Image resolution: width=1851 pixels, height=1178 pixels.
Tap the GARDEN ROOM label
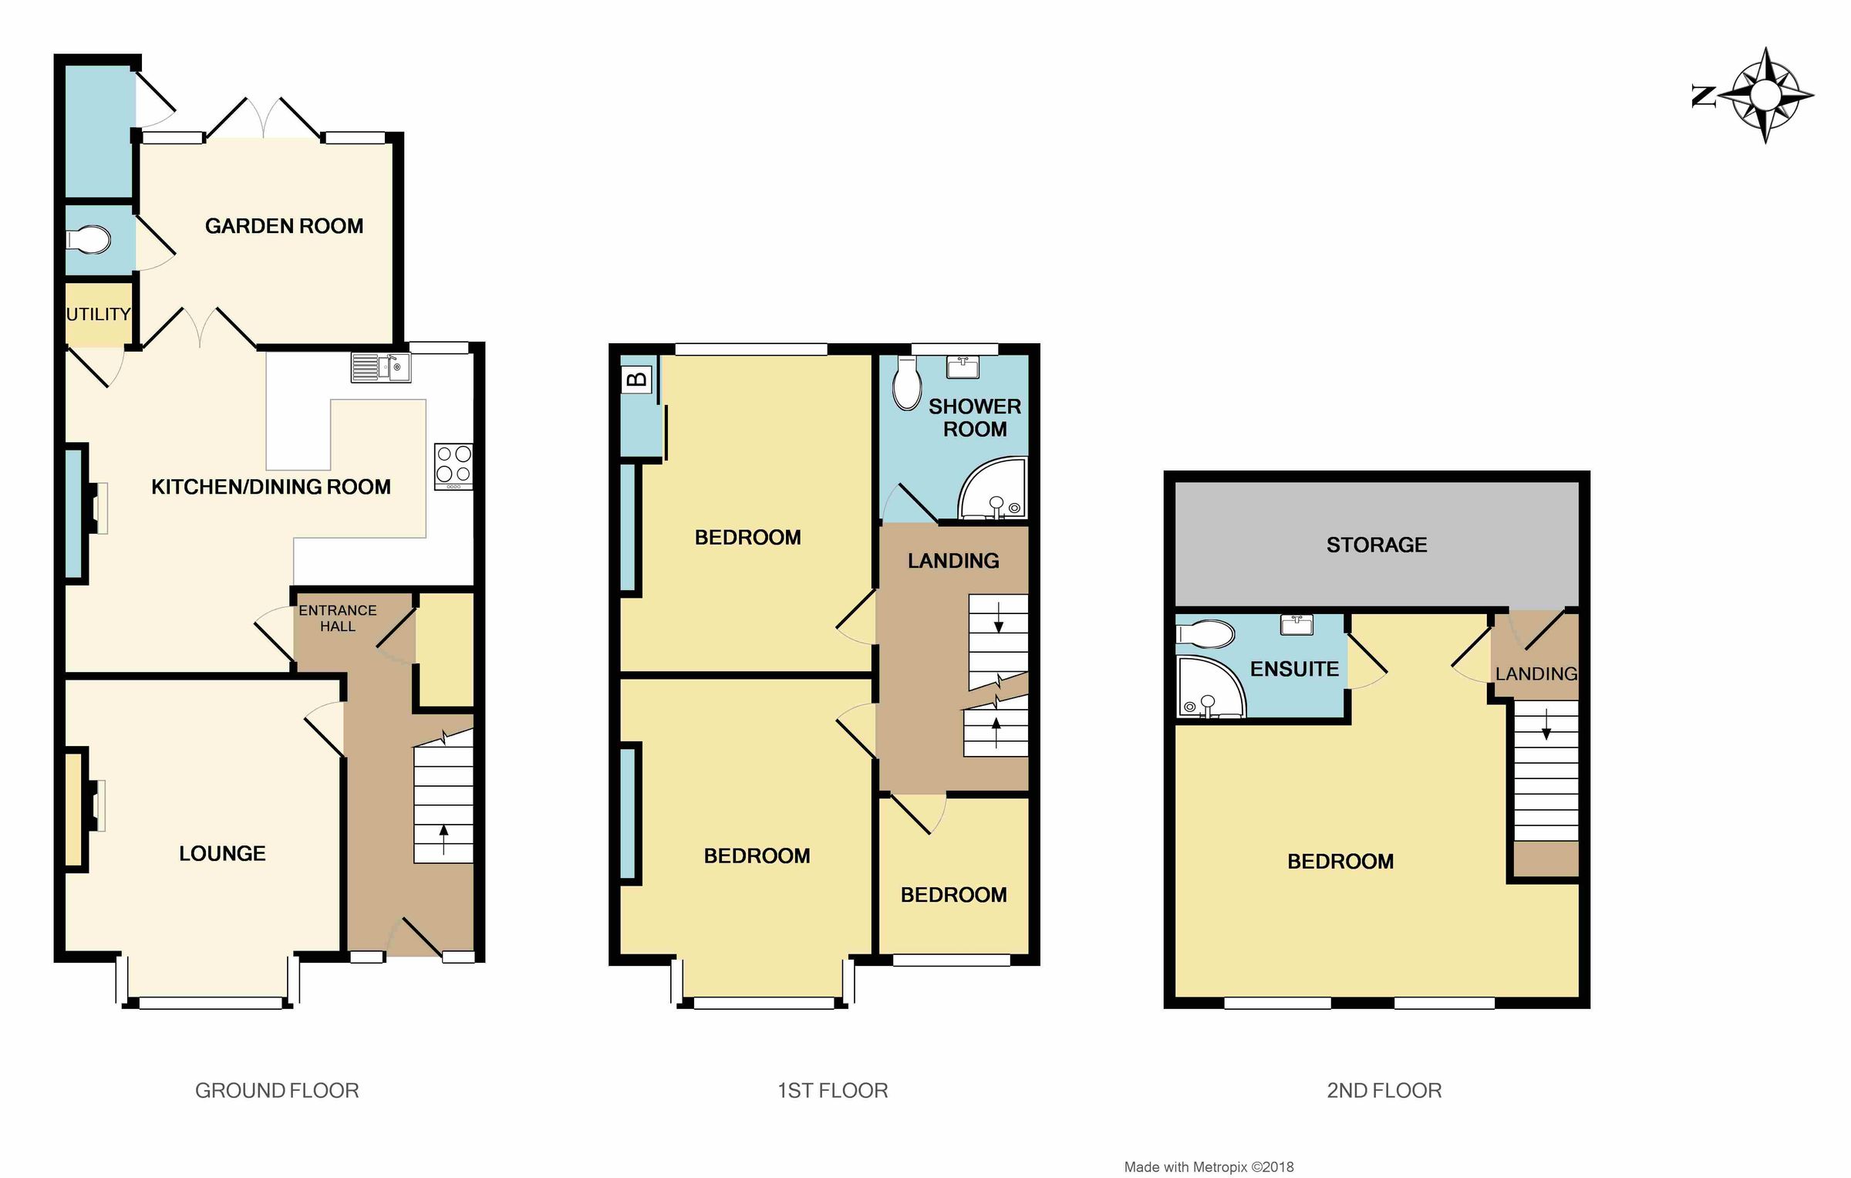click(x=284, y=226)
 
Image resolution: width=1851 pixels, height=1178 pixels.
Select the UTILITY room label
click(x=98, y=314)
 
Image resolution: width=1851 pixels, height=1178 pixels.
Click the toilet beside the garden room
click(x=89, y=240)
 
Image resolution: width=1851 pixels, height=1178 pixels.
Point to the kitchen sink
click(x=380, y=367)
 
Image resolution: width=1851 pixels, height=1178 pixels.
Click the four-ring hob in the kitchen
click(x=453, y=465)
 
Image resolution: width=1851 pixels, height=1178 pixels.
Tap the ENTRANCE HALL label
click(x=338, y=618)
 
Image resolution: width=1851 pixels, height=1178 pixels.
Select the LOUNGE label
click(x=222, y=853)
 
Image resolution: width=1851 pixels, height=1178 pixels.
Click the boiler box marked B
click(x=637, y=380)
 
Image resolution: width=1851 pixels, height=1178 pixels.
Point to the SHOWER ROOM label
click(x=974, y=417)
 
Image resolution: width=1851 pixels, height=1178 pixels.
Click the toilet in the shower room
click(x=906, y=386)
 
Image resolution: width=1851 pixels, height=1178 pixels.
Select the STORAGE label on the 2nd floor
click(x=1376, y=545)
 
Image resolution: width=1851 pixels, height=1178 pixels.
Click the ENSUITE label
click(x=1293, y=669)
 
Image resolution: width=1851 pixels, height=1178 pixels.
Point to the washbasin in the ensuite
click(x=1296, y=624)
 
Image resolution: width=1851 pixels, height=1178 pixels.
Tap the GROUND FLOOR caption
click(x=277, y=1090)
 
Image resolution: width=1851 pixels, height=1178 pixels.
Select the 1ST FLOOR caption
click(x=832, y=1090)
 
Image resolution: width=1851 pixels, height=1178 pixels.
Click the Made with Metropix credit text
click(x=1209, y=1167)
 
